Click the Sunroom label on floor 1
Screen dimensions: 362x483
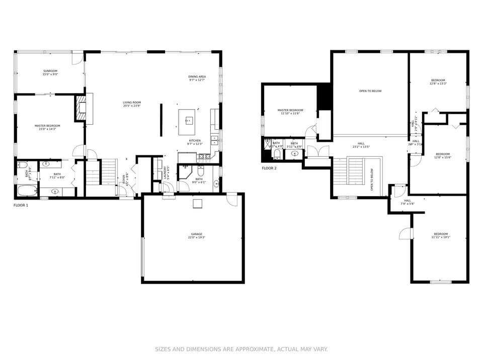click(x=50, y=73)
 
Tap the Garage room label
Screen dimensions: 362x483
click(x=196, y=236)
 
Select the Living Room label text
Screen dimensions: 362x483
click(x=131, y=104)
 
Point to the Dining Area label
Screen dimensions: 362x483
click(x=197, y=78)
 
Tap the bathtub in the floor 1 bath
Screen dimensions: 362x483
click(x=27, y=191)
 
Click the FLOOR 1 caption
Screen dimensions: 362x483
click(x=21, y=205)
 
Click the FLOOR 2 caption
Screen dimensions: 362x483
click(x=269, y=168)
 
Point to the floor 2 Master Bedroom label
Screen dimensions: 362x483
click(x=290, y=112)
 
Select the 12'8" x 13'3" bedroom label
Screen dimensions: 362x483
click(x=438, y=82)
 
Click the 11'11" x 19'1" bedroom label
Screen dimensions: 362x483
click(x=440, y=235)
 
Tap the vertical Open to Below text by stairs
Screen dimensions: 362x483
click(x=372, y=179)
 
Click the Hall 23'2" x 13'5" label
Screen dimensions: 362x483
click(x=361, y=145)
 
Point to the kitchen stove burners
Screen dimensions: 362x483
click(x=205, y=157)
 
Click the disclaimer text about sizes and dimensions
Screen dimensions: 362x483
click(x=241, y=349)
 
